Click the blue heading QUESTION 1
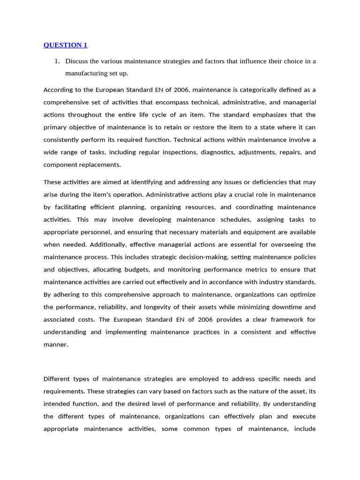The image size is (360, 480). pyautogui.click(x=65, y=45)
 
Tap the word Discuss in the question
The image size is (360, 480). pyautogui.click(x=77, y=61)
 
